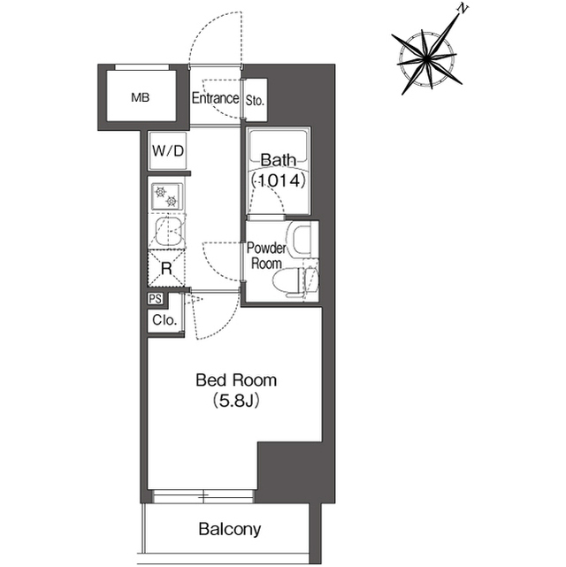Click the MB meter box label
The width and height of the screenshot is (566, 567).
point(141,97)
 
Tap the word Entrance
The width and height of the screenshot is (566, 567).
point(215,98)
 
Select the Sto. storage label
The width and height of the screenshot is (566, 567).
point(256,100)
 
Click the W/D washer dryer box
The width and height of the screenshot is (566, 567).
point(168,150)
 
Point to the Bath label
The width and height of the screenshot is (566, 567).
point(279,160)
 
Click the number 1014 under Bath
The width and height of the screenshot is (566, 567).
point(279,180)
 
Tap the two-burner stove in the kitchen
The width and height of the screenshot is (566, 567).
point(167,196)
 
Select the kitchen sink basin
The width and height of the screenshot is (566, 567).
point(169,231)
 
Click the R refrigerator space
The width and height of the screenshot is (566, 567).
point(166,268)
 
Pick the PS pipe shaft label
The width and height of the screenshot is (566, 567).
point(156,299)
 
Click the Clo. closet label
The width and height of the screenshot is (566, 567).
point(164,320)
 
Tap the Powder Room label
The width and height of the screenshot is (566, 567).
point(266,256)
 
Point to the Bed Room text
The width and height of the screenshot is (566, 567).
point(236,380)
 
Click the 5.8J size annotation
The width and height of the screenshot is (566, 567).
point(236,401)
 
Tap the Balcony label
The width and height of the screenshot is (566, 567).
point(230,529)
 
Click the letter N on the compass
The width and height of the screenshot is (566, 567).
point(463,9)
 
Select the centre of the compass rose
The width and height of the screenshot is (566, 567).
point(427,57)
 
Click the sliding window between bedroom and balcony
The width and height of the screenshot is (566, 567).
point(203,496)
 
